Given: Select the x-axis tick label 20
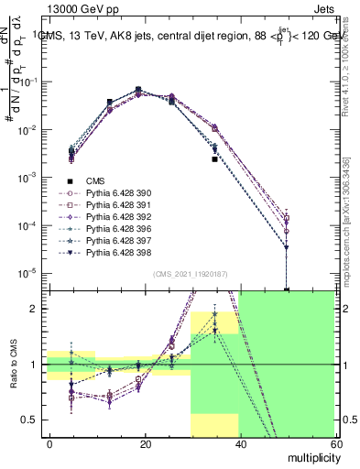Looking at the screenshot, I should pos(145,442).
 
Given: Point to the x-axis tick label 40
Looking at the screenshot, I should pos(240,442).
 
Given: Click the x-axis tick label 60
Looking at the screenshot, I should pos(334,442).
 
